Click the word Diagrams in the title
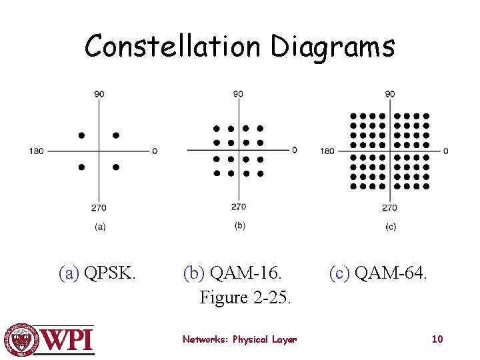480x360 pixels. pos(333,47)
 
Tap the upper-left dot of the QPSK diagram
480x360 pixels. pos(81,135)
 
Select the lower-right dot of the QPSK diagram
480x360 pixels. pos(116,167)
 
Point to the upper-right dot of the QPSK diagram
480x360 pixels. pos(116,135)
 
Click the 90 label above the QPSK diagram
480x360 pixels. pos(99,94)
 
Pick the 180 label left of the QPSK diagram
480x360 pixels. pos(36,151)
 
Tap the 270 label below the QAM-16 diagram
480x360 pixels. pos(239,207)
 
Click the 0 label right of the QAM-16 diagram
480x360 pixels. pos(294,150)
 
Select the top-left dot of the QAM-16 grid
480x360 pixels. pos(216,128)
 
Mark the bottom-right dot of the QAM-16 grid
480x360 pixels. pos(260,173)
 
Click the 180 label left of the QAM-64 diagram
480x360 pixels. pos(327,151)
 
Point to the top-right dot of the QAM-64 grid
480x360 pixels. pos(426,116)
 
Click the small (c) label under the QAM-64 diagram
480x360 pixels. pos(391,227)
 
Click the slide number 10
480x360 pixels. pos(437,339)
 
